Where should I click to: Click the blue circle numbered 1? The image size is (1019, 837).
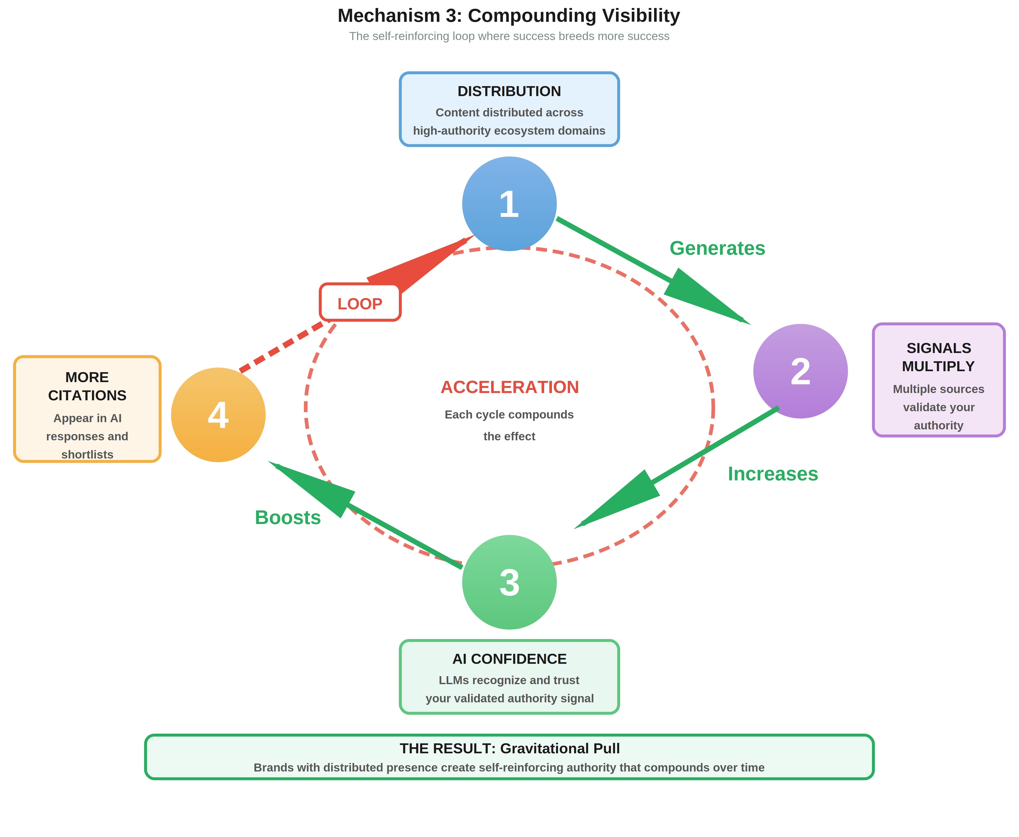509,204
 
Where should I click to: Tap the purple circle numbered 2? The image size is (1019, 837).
800,371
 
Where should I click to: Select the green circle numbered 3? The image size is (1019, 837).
509,582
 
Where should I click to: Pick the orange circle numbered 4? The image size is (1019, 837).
218,415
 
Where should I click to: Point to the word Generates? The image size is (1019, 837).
717,248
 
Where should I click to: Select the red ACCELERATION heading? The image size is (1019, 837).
509,387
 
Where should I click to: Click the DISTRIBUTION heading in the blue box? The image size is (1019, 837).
509,91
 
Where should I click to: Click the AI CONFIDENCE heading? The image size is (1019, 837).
509,659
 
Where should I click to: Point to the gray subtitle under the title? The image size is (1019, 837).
509,36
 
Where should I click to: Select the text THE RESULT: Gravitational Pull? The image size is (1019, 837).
509,748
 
